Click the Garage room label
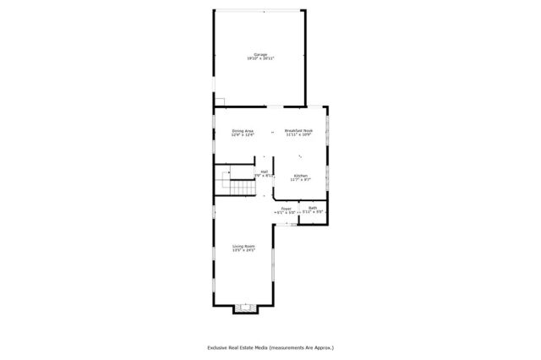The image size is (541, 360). tap(260, 54)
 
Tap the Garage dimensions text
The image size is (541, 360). tap(260, 58)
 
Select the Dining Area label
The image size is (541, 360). tap(243, 131)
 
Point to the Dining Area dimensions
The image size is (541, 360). tap(243, 135)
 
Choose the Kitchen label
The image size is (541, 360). tap(301, 175)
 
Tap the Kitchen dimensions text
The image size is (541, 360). tap(301, 179)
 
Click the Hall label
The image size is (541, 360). tap(265, 172)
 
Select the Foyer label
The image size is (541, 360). tap(286, 208)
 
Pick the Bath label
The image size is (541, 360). tap(313, 208)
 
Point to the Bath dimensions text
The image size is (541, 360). tap(313, 212)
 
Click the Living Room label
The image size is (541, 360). tap(244, 246)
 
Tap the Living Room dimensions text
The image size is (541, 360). tap(244, 250)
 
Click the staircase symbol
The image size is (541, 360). tap(238, 183)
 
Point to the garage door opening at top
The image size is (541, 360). tap(260, 12)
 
